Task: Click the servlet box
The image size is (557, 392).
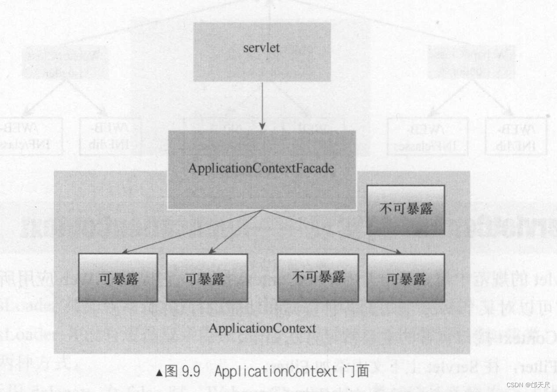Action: click(262, 52)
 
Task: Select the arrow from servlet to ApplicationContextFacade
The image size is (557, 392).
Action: click(262, 105)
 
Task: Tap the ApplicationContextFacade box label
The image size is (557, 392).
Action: click(261, 169)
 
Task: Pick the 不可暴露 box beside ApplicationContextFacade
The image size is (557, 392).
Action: click(405, 209)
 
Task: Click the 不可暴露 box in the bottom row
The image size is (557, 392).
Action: click(318, 278)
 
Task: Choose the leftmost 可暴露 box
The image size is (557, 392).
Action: click(118, 278)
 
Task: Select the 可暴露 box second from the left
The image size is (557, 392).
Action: click(207, 278)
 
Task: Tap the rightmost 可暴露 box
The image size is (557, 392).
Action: click(405, 278)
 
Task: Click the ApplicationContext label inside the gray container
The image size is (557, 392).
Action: click(262, 328)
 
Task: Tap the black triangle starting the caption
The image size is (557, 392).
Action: click(159, 373)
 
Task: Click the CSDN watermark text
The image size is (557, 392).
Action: click(515, 385)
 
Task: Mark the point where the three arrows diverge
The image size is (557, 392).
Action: click(262, 210)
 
